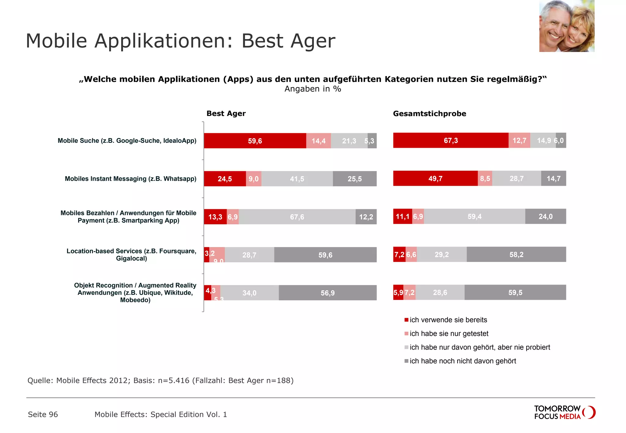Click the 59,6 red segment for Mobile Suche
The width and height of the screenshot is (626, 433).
click(x=255, y=141)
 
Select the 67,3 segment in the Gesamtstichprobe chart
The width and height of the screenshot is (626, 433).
click(x=451, y=140)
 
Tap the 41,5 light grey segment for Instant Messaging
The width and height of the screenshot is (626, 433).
click(x=297, y=179)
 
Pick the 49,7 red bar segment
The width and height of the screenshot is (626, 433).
click(x=435, y=178)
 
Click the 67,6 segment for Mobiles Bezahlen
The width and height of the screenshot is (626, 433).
click(x=297, y=217)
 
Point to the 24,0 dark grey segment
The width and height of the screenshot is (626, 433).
click(x=545, y=217)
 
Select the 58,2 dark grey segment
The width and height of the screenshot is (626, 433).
click(x=516, y=254)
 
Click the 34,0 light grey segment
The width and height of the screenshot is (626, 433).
click(x=249, y=293)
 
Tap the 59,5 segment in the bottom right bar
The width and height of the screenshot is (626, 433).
click(x=515, y=293)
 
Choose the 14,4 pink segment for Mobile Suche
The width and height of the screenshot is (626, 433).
click(x=318, y=141)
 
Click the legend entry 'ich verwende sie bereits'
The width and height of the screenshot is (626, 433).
click(x=448, y=320)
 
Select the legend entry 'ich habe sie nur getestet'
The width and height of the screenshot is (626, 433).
click(x=449, y=333)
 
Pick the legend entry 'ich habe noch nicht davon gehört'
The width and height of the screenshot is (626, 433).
click(x=462, y=361)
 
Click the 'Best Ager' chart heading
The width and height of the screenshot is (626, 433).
click(x=226, y=114)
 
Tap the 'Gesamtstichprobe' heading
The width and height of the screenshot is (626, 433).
click(x=429, y=114)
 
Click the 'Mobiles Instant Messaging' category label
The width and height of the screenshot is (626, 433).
click(x=131, y=179)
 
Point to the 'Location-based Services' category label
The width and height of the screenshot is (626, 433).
click(x=131, y=255)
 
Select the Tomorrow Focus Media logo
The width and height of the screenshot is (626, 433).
click(x=564, y=412)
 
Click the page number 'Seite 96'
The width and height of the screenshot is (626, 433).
click(x=43, y=414)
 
